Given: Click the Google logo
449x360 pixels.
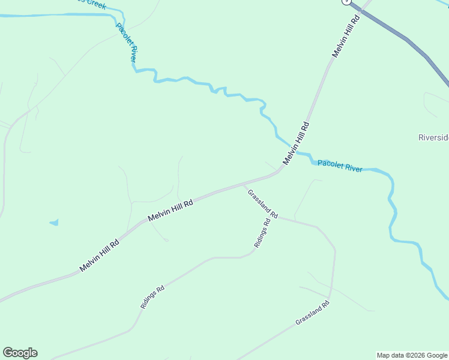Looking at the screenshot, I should tap(20, 353).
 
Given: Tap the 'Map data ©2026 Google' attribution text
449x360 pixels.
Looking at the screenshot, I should tap(412, 355).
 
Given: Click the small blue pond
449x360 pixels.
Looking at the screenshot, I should tap(55, 223).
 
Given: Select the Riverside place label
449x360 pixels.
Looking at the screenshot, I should tap(433, 137).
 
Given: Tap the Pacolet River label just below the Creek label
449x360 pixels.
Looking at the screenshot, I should tap(127, 43).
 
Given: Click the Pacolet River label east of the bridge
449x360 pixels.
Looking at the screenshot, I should tap(340, 166).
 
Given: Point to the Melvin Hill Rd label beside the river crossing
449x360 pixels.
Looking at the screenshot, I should tap(297, 144).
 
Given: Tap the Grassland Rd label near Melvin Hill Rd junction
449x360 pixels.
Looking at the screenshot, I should tap(263, 203).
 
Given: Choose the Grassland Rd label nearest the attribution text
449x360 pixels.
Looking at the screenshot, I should tap(313, 313).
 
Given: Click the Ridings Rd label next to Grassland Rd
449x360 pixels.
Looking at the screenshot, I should tap(262, 233).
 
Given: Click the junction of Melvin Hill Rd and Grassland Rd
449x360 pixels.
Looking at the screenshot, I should tap(244, 185).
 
